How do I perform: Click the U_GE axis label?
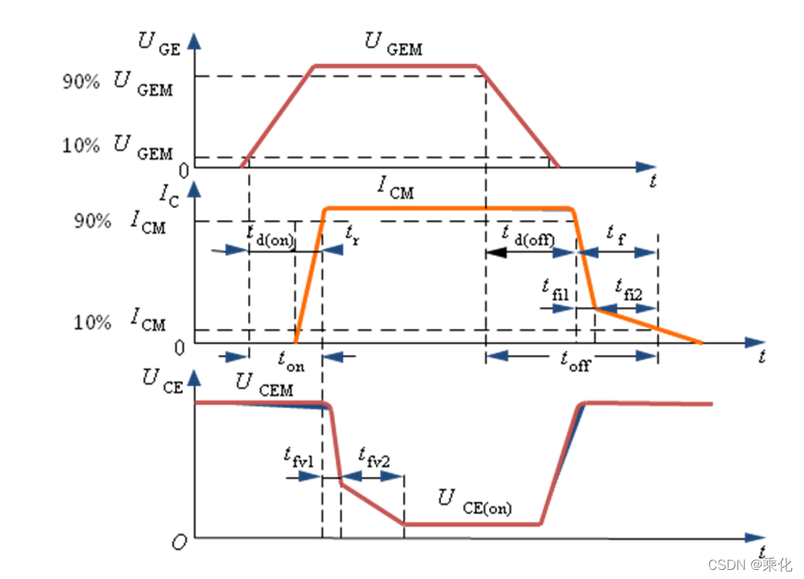tap(158, 45)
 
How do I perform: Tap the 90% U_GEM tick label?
tap(118, 82)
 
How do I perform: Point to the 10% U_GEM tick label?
tap(118, 146)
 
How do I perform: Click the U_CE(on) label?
tap(475, 502)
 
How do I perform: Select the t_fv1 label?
tap(299, 456)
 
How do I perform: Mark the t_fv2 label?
tap(374, 456)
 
